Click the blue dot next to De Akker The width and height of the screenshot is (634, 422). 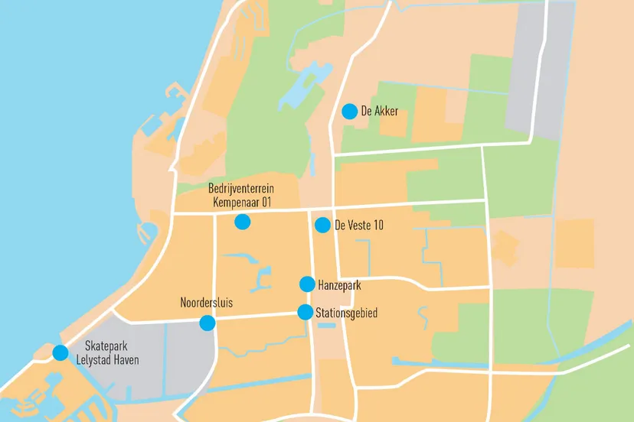coord(349,112)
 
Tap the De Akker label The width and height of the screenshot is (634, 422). coord(380,112)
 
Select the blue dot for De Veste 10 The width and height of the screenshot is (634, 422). coord(322,225)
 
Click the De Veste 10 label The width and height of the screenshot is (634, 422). coord(359,225)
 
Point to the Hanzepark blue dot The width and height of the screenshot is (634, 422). coord(307,284)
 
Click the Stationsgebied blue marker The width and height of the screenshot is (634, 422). coord(305,312)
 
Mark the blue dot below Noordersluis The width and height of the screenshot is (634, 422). coord(207,323)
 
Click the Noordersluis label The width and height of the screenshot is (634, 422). coord(206,303)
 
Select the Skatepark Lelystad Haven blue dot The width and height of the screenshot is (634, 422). coord(60,352)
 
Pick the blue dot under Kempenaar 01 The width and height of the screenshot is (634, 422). coord(242,222)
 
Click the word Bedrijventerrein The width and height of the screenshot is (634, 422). coord(241,189)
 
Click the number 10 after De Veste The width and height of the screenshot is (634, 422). coord(377,225)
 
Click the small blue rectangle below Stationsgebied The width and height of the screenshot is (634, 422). coord(326,326)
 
